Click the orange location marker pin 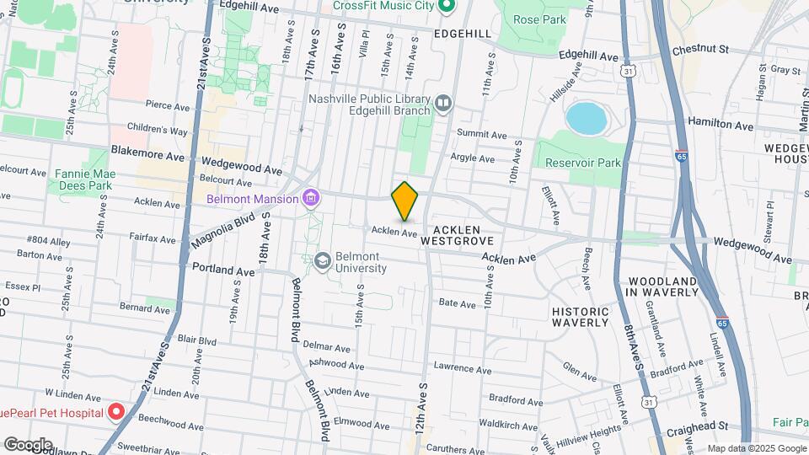(405, 201)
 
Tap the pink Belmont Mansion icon (312, 199)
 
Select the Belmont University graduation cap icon (322, 262)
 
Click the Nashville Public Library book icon (443, 104)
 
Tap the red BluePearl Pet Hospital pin (115, 412)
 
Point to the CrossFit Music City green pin (447, 6)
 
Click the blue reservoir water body (587, 119)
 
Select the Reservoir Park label (582, 162)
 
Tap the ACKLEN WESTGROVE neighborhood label (462, 235)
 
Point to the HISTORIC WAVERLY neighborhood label (580, 317)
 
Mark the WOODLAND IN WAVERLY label (662, 286)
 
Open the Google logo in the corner (28, 444)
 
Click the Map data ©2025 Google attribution (756, 448)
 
